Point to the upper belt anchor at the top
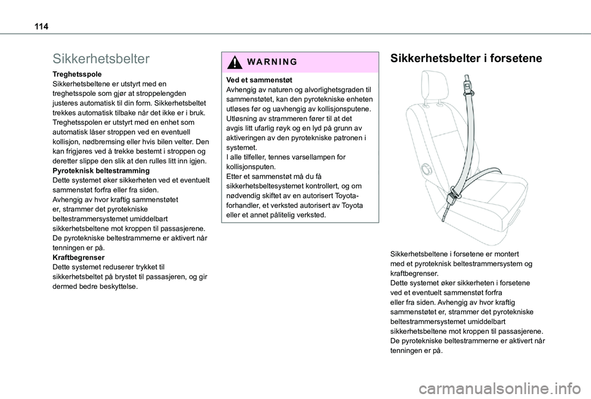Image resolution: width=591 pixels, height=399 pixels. point(467,79)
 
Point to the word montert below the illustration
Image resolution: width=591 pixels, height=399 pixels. point(505,254)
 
